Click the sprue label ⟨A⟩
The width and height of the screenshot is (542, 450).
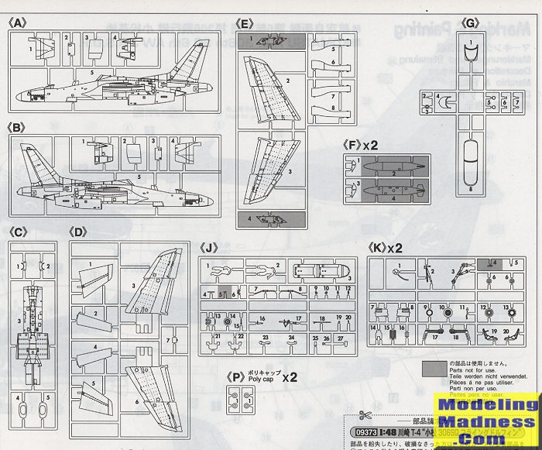coord(18,22)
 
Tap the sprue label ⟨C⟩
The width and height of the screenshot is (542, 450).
coord(18,231)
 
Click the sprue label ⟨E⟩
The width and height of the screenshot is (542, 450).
coord(246,24)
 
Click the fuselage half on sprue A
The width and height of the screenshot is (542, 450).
coord(116,85)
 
